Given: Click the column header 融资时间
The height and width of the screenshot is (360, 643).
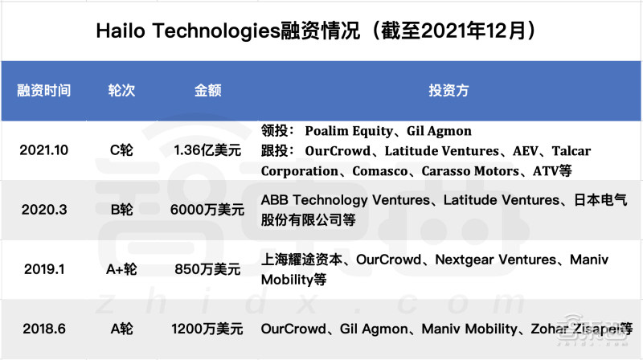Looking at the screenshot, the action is [x=44, y=90].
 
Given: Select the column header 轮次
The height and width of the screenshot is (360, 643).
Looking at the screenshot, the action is [x=121, y=90].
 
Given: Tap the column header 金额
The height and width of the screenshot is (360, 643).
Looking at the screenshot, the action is [x=207, y=90].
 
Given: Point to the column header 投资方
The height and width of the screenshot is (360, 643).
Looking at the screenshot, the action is [x=448, y=90].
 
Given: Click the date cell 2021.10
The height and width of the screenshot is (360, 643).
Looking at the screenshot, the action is [x=44, y=150].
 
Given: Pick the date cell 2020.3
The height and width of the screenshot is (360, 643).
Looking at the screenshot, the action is [x=44, y=210].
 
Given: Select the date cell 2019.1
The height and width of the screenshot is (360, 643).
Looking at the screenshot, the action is [x=44, y=269].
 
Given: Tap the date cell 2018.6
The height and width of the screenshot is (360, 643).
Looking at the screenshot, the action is [x=44, y=329].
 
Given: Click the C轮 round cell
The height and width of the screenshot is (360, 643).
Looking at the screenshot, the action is [x=121, y=150].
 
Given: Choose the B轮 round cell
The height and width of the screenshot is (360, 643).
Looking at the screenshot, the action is [x=121, y=210].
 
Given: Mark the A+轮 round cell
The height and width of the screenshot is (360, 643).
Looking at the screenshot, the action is [x=121, y=269].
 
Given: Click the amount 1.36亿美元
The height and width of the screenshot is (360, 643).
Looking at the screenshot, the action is [x=207, y=150].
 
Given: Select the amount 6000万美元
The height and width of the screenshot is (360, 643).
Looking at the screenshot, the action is [x=207, y=210].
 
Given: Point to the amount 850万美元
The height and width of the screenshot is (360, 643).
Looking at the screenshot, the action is [x=207, y=269].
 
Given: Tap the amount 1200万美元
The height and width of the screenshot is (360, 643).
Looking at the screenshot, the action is [x=207, y=329].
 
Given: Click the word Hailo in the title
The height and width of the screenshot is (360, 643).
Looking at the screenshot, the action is [x=121, y=31].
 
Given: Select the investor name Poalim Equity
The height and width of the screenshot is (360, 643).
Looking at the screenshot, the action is [x=349, y=131].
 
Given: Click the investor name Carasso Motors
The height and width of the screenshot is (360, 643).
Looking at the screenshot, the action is [x=470, y=170].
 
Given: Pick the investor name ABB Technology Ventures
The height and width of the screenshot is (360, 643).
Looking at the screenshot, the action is [x=346, y=200].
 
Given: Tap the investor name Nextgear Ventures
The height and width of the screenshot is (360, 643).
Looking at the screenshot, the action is [x=495, y=260].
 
